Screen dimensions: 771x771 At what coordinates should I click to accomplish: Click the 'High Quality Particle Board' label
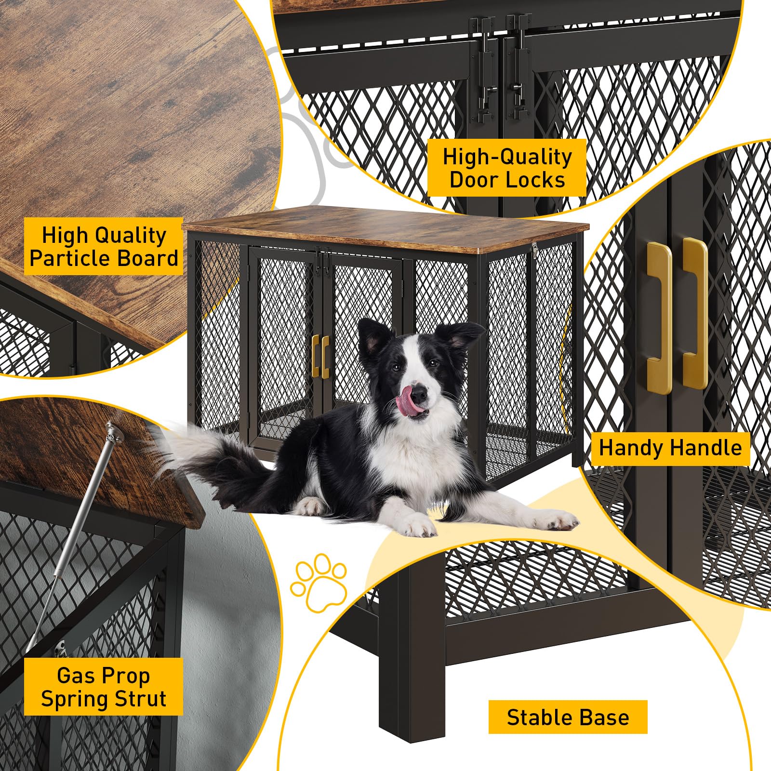[x=104, y=246]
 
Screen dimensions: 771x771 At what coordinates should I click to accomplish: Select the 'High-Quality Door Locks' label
[x=507, y=168]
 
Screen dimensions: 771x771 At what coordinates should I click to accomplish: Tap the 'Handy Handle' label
[x=670, y=448]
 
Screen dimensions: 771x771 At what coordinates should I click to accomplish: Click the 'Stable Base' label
[x=568, y=717]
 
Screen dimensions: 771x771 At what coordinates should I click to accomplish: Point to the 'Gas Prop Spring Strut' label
[x=104, y=687]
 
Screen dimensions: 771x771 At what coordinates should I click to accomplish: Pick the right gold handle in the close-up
[x=695, y=313]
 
